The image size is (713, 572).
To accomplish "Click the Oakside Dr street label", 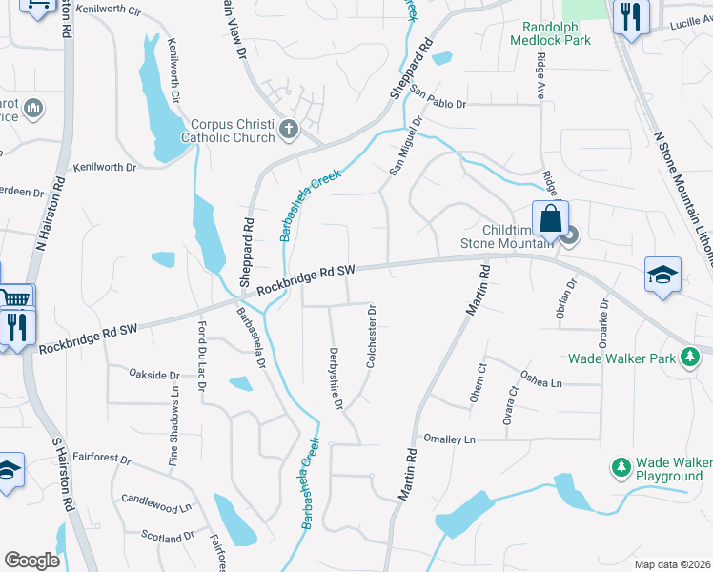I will (154, 375).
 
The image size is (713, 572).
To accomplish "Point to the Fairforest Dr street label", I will (100, 459).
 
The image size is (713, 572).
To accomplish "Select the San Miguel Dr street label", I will (404, 146).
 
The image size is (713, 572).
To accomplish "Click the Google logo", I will (31, 561).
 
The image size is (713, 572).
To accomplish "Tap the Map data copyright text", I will (672, 564).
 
